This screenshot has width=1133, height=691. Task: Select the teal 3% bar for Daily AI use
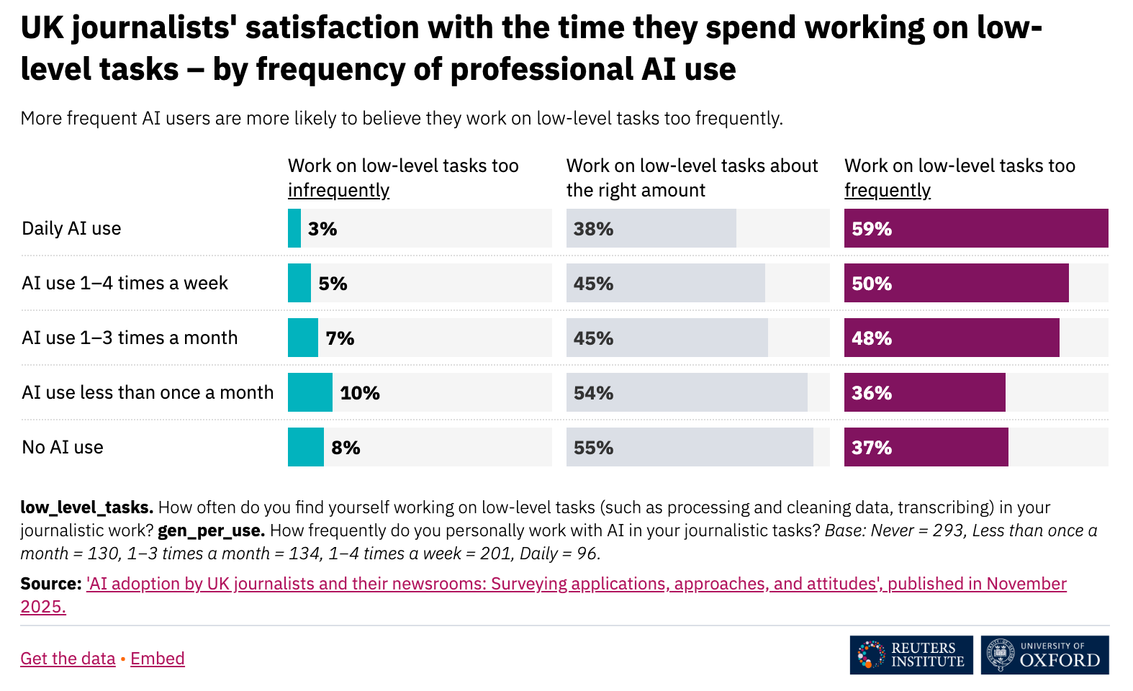pos(294,228)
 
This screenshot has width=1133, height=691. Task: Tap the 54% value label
pos(593,393)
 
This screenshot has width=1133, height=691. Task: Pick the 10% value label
pos(360,393)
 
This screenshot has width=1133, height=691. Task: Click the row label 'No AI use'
pos(63,448)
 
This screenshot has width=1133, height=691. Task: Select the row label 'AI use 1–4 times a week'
pos(125,284)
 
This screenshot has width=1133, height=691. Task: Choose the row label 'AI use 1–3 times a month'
pos(130,338)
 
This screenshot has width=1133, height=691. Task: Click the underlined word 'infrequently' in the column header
pos(338,191)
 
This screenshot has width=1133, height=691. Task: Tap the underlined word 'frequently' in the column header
pos(887,191)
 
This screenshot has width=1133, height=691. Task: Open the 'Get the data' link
pos(68,659)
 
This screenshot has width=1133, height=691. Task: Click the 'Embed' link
pos(158,659)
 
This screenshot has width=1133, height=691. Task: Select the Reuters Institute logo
pos(911,655)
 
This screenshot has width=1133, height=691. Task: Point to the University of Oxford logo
pos(1044,655)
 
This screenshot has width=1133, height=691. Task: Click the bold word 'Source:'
pos(51,584)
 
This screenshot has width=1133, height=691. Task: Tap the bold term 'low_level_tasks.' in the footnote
pos(86,507)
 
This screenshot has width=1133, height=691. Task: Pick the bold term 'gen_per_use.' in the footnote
pos(211,530)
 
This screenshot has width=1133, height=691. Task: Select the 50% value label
pos(872,284)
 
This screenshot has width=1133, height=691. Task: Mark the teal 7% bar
pos(303,338)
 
